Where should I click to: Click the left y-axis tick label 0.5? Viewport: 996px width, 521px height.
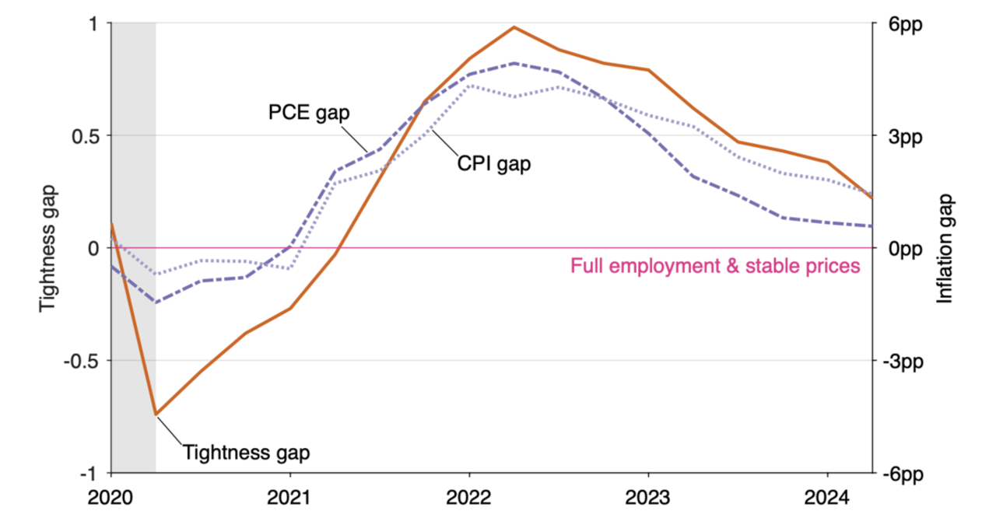pyautogui.click(x=88, y=135)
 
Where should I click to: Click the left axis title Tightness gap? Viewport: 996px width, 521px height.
pyautogui.click(x=48, y=248)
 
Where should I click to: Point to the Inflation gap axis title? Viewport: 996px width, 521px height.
pyautogui.click(x=945, y=248)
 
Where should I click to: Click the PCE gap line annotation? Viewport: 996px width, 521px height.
pyautogui.click(x=309, y=113)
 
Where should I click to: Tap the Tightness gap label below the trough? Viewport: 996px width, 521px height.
pyautogui.click(x=246, y=452)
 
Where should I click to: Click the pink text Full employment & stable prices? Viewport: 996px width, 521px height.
pyautogui.click(x=715, y=266)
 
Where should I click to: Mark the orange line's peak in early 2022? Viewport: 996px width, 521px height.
pyautogui.click(x=514, y=27)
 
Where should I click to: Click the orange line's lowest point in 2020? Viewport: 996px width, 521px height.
pyautogui.click(x=156, y=414)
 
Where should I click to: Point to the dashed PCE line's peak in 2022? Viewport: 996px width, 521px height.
pyautogui.click(x=514, y=63)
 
